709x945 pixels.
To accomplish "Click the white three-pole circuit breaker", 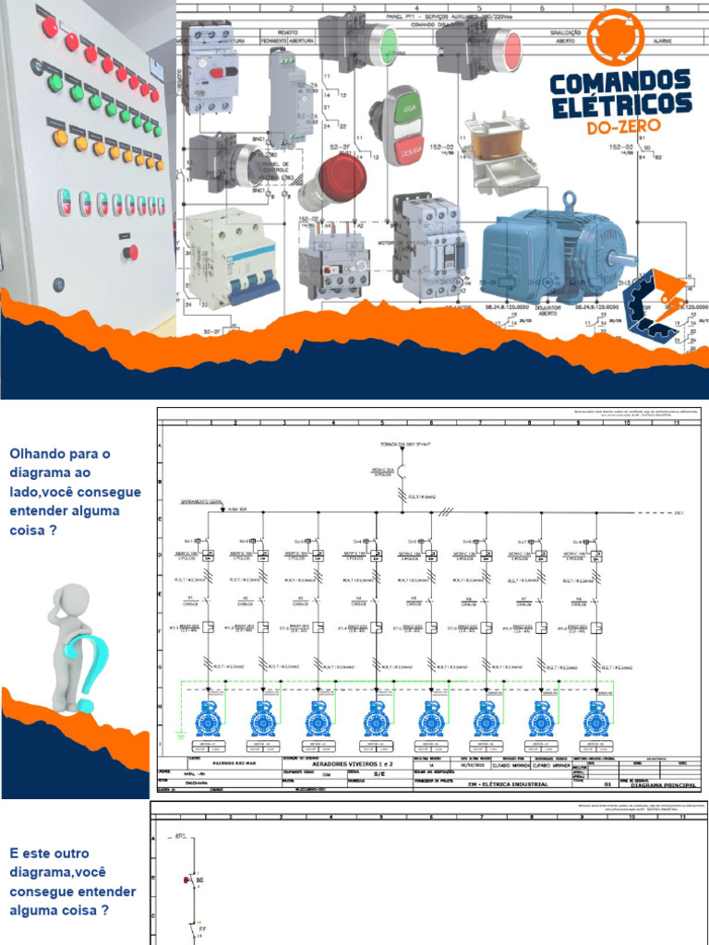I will click(231, 258).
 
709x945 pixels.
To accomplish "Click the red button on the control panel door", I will click(132, 251).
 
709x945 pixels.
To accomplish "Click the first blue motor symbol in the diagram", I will click(208, 718).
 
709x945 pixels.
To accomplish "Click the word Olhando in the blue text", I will click(39, 454).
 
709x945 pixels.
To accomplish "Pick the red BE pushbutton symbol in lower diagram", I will click(187, 879).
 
